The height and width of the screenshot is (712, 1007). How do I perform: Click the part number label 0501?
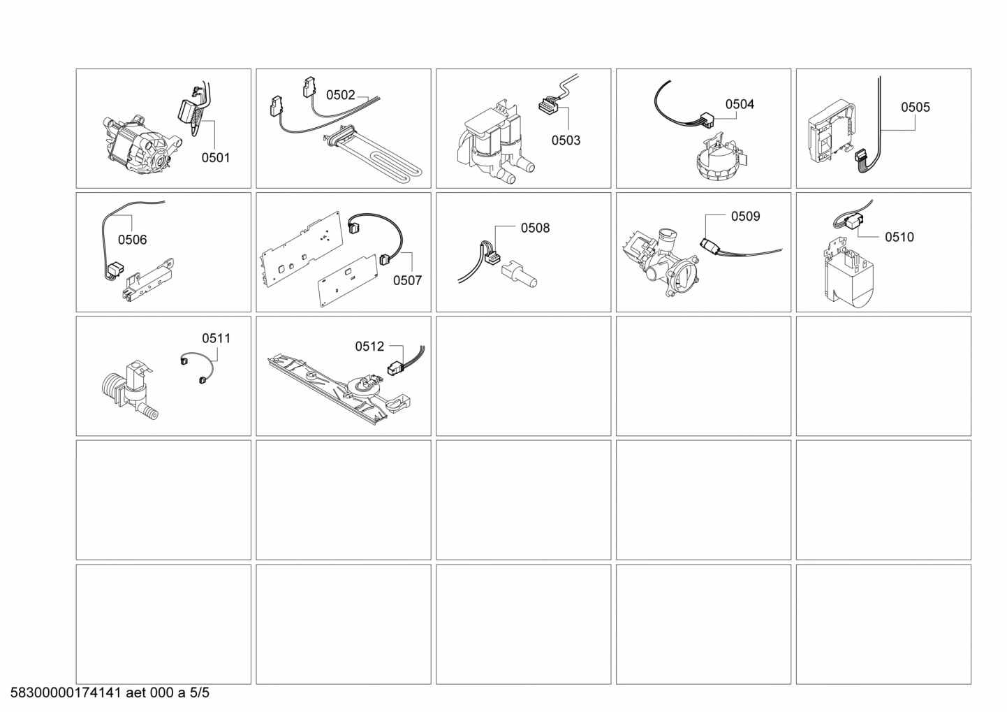tap(215, 158)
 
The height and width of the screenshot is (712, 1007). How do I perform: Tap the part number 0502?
tap(341, 95)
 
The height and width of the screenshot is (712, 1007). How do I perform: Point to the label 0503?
tap(565, 140)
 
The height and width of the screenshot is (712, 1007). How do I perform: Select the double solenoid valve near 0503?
tap(492, 143)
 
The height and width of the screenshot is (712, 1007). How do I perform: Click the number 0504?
tap(739, 104)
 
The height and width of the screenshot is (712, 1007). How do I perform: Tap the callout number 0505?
tap(915, 107)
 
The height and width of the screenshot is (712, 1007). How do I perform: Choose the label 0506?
tap(132, 240)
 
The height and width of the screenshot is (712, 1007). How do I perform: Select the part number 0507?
tap(407, 280)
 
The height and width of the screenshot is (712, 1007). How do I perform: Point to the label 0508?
tap(535, 228)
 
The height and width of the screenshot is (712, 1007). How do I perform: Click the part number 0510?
tap(899, 237)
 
